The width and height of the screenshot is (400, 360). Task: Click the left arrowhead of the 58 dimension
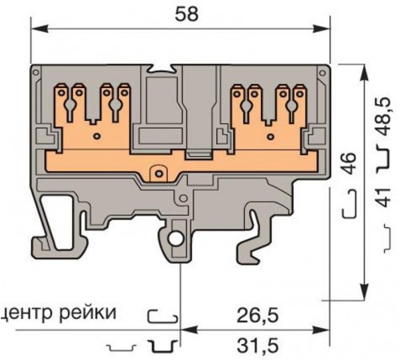pyautogui.click(x=37, y=28)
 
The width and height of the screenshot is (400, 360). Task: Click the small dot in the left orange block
pyautogui.click(x=98, y=137)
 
